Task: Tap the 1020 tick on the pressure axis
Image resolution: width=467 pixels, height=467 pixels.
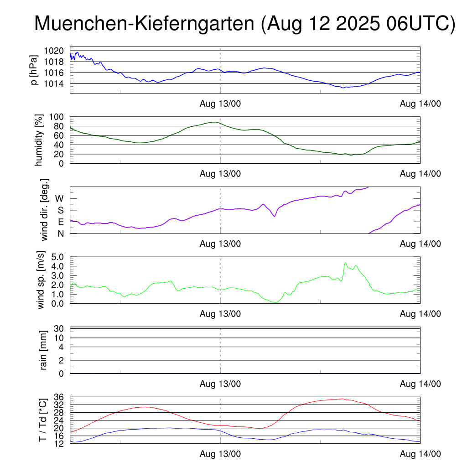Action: [x=56, y=51]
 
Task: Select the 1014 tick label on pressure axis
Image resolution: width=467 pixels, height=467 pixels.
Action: [x=56, y=84]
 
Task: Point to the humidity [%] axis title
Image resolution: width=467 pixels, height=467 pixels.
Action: [x=39, y=140]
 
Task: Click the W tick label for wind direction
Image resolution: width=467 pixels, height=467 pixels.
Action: [x=60, y=199]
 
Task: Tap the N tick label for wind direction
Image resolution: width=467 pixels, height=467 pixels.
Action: [x=60, y=233]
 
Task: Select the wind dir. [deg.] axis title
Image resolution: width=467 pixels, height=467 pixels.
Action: [x=45, y=210]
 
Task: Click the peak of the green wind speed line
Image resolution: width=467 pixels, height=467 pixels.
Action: [x=345, y=263]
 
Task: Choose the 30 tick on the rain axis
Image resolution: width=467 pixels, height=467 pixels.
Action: [x=59, y=329]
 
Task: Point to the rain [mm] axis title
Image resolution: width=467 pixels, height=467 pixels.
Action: [x=44, y=351]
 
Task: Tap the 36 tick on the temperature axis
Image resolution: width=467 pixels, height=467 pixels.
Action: [x=59, y=397]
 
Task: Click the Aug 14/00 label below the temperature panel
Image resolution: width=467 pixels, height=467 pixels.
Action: [x=420, y=454]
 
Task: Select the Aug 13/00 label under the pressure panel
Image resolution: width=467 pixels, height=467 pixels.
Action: [x=220, y=104]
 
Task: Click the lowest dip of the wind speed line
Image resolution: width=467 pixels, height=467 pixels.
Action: [x=275, y=302]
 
